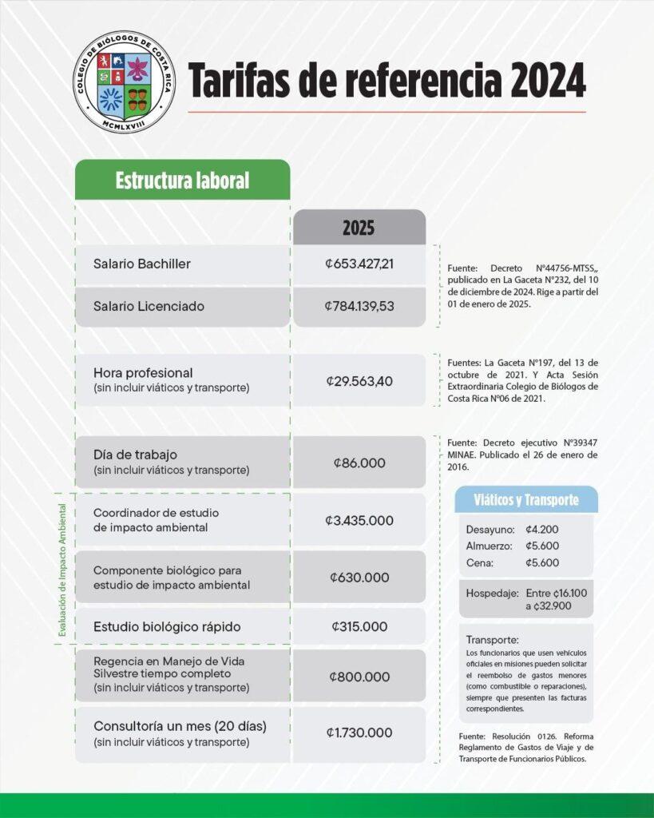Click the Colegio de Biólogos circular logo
(121, 82)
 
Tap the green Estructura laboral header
(182, 180)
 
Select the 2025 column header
(359, 228)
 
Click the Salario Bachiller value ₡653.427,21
(359, 264)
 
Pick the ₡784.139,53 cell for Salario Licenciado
(359, 306)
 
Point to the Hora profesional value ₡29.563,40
(359, 381)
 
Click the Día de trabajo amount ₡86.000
(359, 463)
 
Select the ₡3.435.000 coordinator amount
(359, 520)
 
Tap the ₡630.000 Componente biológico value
(359, 578)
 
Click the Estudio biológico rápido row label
(167, 626)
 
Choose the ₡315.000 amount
(359, 627)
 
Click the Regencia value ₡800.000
(359, 677)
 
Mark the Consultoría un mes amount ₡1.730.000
(359, 733)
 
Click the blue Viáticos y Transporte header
(525, 500)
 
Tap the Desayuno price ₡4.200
(542, 530)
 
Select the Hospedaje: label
(490, 594)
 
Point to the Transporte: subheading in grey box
(492, 640)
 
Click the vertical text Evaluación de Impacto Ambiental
(61, 569)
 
